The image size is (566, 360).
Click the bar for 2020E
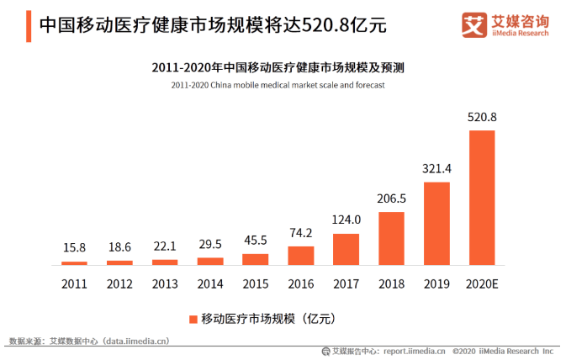tap(481, 198)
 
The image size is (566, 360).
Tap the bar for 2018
tap(391, 238)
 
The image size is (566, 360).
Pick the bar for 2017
tap(346, 249)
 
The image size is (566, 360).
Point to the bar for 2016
tap(300, 256)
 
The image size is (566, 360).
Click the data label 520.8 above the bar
tap(482, 117)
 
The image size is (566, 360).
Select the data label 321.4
tap(436, 169)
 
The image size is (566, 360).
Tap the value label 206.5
tap(391, 199)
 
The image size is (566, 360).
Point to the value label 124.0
tap(346, 220)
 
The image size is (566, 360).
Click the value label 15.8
tap(74, 248)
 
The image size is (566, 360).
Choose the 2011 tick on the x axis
tap(74, 283)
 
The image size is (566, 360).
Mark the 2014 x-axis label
tap(209, 283)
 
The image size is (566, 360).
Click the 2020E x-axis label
tap(482, 283)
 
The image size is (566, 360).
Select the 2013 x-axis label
tap(164, 283)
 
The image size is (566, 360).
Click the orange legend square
tap(193, 319)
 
